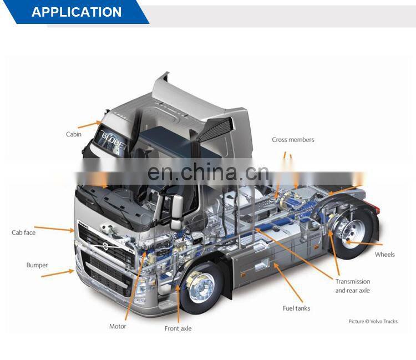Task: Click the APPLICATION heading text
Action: (77, 12)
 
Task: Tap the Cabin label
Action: (74, 134)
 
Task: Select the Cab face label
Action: (23, 232)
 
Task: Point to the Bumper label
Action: (37, 265)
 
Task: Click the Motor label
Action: (118, 326)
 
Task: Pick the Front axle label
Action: (178, 328)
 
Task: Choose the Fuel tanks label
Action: (296, 308)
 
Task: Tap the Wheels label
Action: (384, 255)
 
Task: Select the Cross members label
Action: (293, 140)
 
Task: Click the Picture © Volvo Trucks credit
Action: (373, 321)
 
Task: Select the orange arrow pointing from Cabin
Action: (89, 124)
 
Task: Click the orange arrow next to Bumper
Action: (64, 271)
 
